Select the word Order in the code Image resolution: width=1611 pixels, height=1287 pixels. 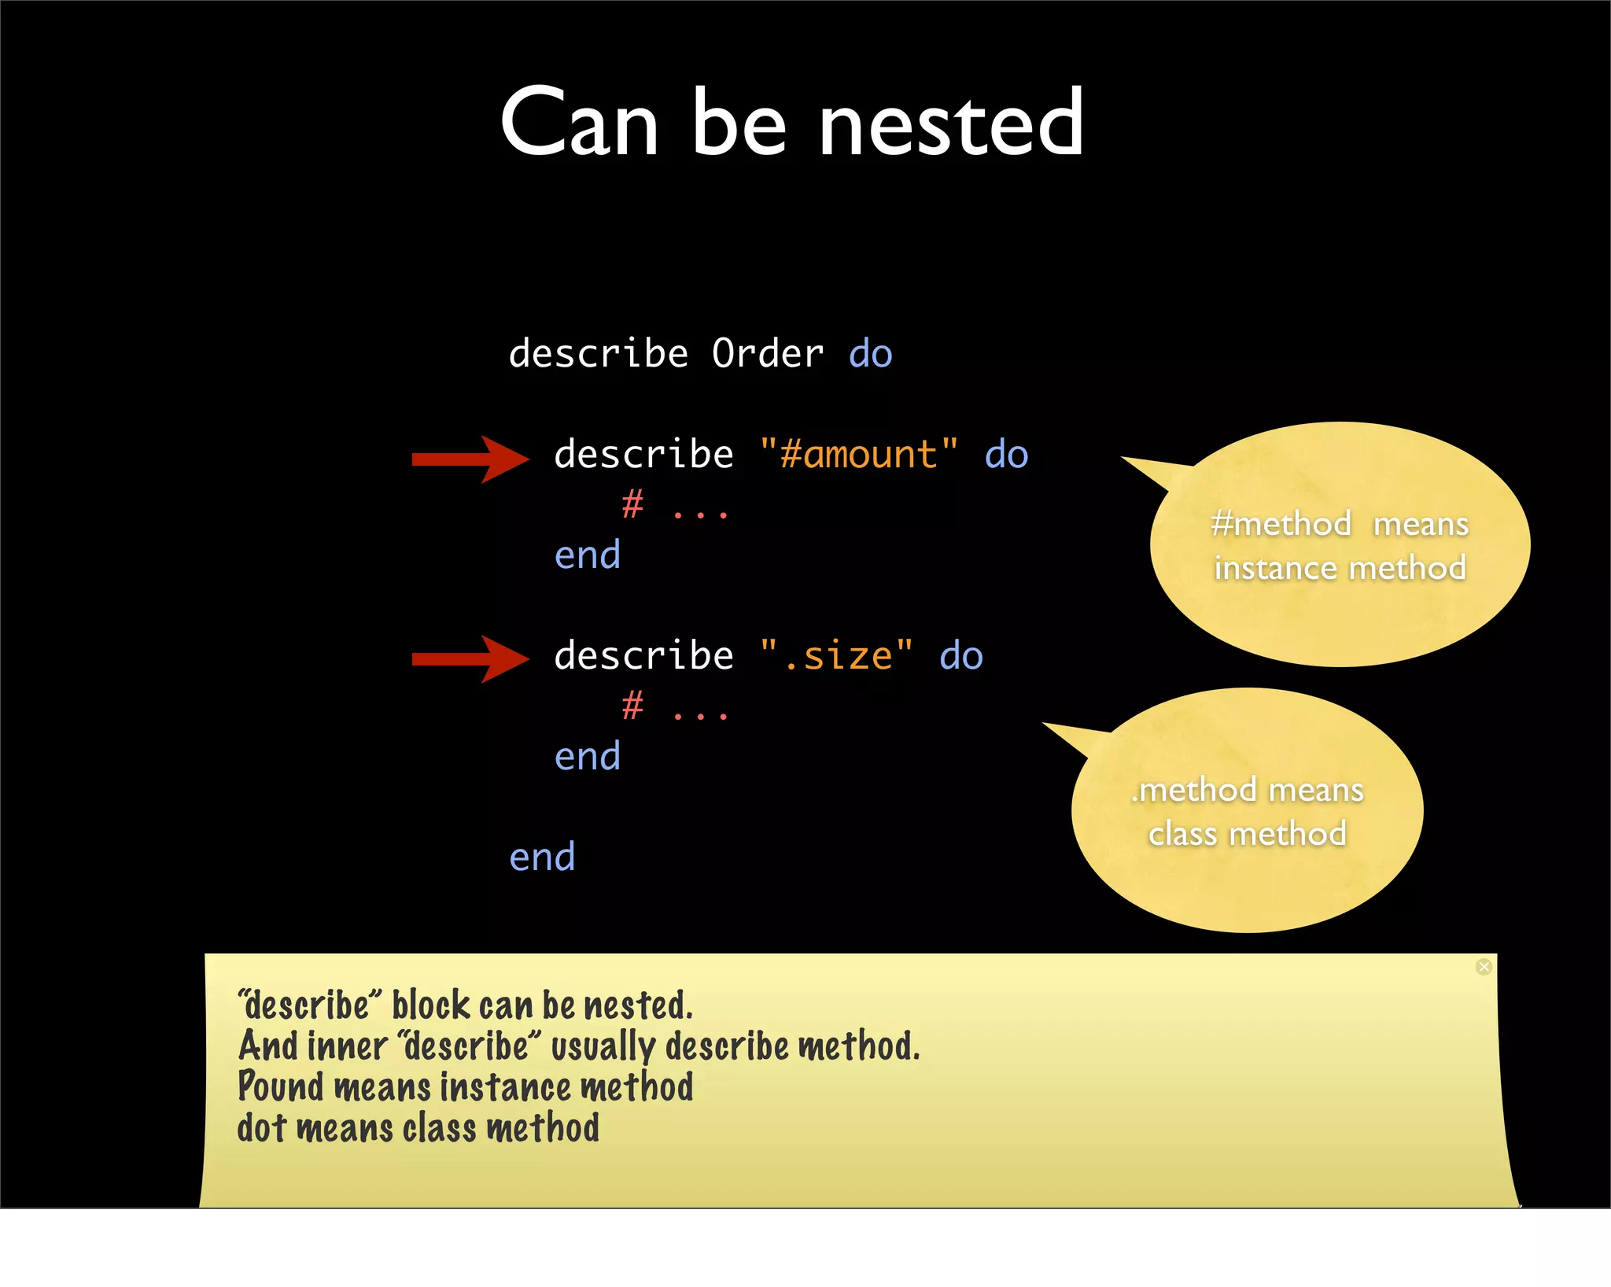tap(768, 353)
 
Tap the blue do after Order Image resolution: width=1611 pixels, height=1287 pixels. tap(871, 353)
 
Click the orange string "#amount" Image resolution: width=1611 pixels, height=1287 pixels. tap(858, 454)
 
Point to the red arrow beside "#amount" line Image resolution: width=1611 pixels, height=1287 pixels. tap(470, 459)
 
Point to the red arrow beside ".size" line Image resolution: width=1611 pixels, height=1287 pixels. tap(470, 659)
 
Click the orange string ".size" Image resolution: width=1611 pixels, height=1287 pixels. tap(836, 655)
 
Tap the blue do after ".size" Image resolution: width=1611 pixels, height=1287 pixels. tap(961, 655)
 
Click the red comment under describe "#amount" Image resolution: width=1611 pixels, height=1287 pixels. tap(674, 506)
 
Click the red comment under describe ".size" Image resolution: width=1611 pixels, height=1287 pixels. tap(674, 706)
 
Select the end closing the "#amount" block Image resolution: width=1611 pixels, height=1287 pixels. tap(588, 555)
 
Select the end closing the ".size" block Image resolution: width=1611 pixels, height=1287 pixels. tap(588, 757)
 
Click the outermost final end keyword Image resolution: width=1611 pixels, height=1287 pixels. tap(542, 857)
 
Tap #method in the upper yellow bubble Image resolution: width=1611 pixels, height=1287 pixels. tap(1281, 524)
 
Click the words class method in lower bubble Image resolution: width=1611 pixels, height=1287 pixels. tap(1247, 834)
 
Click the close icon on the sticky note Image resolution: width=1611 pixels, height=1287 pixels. tap(1484, 967)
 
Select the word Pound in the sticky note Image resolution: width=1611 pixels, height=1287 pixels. tap(281, 1086)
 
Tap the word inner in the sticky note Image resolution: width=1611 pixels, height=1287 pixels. tap(347, 1046)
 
